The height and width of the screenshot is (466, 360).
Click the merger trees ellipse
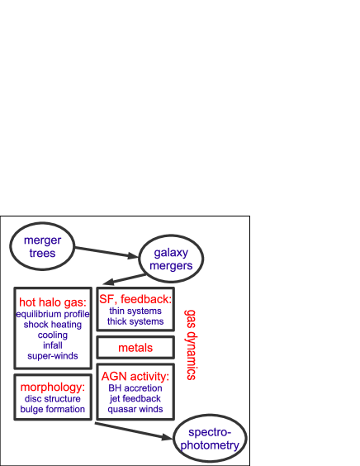[42, 246]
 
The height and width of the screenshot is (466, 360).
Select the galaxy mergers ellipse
[171, 259]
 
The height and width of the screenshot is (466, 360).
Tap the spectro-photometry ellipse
[210, 439]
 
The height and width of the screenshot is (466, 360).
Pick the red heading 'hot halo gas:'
[53, 302]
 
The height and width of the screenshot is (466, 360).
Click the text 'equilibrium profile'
[53, 314]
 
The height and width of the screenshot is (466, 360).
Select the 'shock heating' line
[53, 325]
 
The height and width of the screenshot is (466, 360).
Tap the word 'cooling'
[53, 335]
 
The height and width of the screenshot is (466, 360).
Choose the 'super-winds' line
[53, 356]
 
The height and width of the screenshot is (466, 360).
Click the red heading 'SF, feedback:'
[135, 298]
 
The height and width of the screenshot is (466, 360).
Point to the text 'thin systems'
[135, 311]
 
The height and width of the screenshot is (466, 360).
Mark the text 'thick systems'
[135, 321]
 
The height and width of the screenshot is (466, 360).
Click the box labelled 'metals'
[135, 348]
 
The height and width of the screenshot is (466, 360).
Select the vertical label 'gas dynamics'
[190, 345]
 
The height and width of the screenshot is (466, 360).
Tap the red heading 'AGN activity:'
[135, 376]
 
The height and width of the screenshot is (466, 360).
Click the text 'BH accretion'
[135, 388]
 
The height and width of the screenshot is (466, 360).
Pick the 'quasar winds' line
[135, 409]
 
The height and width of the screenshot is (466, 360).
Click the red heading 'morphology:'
[53, 387]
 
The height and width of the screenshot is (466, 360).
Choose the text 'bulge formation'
[53, 409]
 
